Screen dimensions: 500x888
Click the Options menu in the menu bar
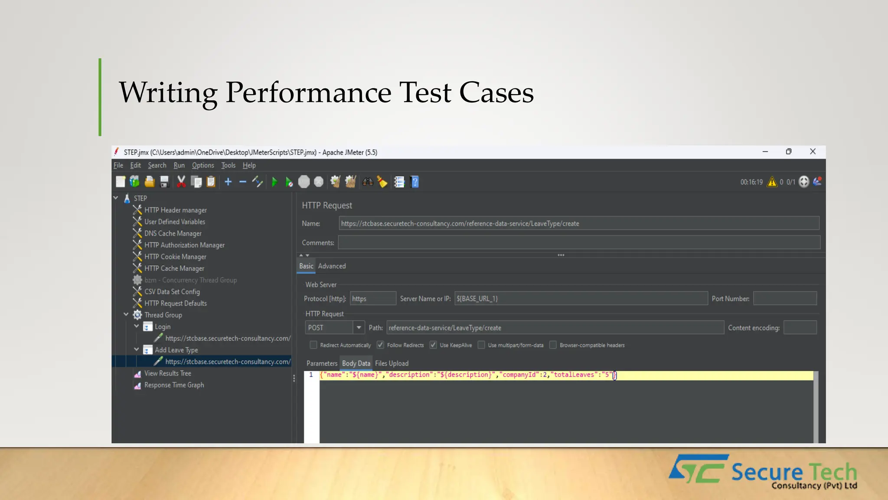[203, 165]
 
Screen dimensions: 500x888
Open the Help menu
[249, 165]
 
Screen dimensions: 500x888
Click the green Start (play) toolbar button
[274, 182]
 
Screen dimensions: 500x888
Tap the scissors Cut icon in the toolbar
[181, 182]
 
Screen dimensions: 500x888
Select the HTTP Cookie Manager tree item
[175, 257]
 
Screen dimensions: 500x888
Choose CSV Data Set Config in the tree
[172, 292]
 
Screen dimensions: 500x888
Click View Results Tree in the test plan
[167, 373]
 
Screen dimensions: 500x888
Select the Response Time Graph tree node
[174, 385]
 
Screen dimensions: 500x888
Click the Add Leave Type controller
[176, 350]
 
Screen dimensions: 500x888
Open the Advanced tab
[332, 266]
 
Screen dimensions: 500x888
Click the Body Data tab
[356, 363]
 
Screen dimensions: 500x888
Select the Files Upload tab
[392, 363]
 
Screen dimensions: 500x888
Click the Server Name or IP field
[581, 299]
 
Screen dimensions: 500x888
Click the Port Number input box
[785, 299]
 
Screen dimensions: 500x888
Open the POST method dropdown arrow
[359, 328]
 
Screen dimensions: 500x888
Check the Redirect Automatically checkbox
[313, 345]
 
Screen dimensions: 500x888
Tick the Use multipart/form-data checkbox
[481, 345]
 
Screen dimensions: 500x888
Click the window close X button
[813, 151]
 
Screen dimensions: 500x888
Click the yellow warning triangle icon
[772, 182]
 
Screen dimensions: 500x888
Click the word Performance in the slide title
[308, 92]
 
